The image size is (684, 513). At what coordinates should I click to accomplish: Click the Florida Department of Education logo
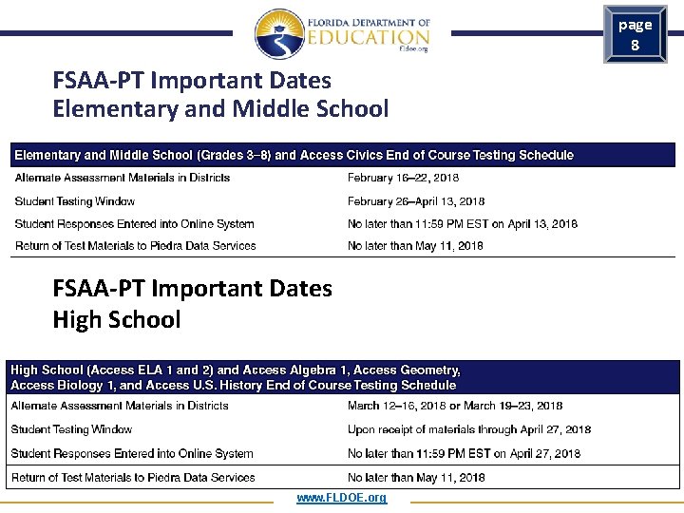tap(341, 34)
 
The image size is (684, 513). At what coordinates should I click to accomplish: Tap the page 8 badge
tap(635, 34)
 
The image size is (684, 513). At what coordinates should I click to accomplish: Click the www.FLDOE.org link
tap(341, 498)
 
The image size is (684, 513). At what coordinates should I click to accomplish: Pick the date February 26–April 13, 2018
tap(416, 201)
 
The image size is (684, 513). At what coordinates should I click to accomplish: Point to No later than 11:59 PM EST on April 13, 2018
tap(463, 224)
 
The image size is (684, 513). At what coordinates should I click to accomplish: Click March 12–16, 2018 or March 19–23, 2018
tap(455, 406)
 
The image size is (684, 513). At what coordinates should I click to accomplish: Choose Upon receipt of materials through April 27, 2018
tap(469, 429)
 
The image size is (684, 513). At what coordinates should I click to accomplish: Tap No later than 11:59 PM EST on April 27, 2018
tap(464, 454)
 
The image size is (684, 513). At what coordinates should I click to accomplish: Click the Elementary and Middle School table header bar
tap(342, 155)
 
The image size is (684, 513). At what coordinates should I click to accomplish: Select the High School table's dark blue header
tap(342, 377)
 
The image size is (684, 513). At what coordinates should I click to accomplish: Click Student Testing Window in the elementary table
tap(75, 201)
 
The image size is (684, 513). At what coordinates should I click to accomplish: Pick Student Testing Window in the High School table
tap(71, 429)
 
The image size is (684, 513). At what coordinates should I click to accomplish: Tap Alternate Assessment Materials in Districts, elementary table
tap(123, 178)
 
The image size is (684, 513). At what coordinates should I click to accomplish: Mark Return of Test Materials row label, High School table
tap(133, 478)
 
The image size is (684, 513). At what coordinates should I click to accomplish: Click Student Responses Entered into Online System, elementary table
tap(134, 224)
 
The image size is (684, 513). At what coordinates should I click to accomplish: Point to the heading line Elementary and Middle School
tap(220, 108)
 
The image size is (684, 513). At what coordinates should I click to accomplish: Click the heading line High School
tap(117, 319)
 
